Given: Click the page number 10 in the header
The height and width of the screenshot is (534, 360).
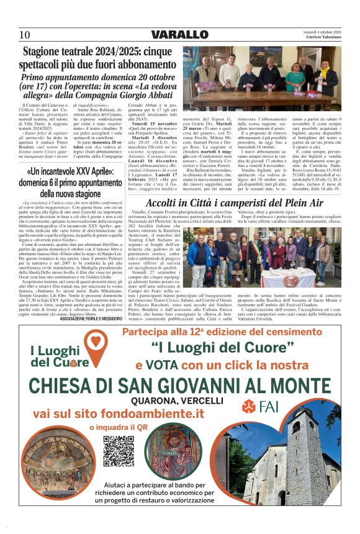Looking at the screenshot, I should pyautogui.click(x=24, y=34).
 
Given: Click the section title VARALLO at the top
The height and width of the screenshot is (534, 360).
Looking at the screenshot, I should pyautogui.click(x=179, y=34).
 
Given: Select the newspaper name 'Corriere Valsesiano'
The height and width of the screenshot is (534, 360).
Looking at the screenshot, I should pyautogui.click(x=320, y=37).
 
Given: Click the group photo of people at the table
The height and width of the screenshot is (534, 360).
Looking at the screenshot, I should pyautogui.click(x=261, y=75).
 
